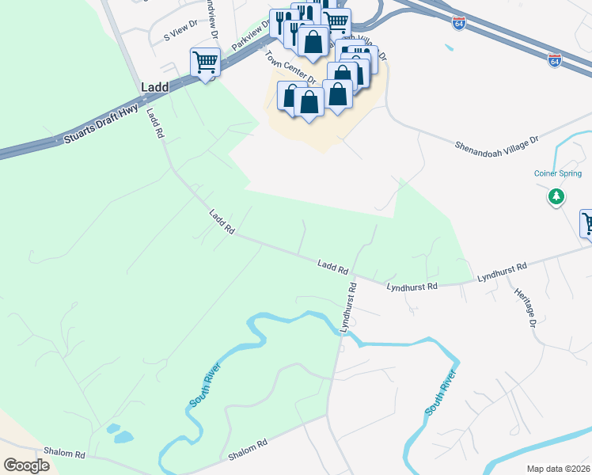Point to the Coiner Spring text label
pyautogui.click(x=556, y=173)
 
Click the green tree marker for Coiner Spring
pyautogui.click(x=556, y=196)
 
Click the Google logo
pyautogui.click(x=26, y=465)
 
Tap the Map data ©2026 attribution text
pyautogui.click(x=557, y=469)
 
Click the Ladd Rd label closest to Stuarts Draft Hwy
pyautogui.click(x=154, y=124)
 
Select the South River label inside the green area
pyautogui.click(x=204, y=386)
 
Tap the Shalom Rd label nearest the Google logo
pyautogui.click(x=64, y=454)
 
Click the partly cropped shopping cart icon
pyautogui.click(x=586, y=222)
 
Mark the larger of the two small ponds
pyautogui.click(x=124, y=437)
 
